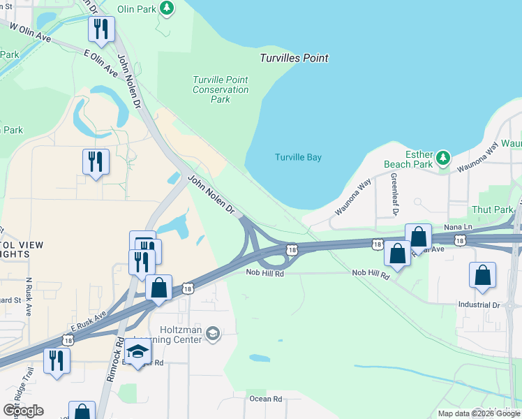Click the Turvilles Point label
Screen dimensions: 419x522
click(x=294, y=58)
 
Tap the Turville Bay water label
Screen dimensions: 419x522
click(x=298, y=157)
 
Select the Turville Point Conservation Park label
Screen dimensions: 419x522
click(x=221, y=89)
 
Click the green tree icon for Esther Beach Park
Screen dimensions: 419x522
click(x=443, y=158)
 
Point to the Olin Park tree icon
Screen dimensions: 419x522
click(x=167, y=8)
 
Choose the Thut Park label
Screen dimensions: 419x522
click(x=492, y=209)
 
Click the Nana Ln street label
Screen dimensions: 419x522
click(x=458, y=228)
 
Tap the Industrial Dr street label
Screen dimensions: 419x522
click(x=479, y=304)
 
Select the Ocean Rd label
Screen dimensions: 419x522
click(x=265, y=399)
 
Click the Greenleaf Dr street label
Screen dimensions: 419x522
click(x=394, y=194)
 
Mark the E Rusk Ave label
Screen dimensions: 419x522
click(x=87, y=321)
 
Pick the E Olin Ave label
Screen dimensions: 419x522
click(x=100, y=61)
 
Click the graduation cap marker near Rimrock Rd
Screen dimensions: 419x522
click(x=138, y=351)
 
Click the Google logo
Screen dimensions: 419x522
click(x=23, y=411)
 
